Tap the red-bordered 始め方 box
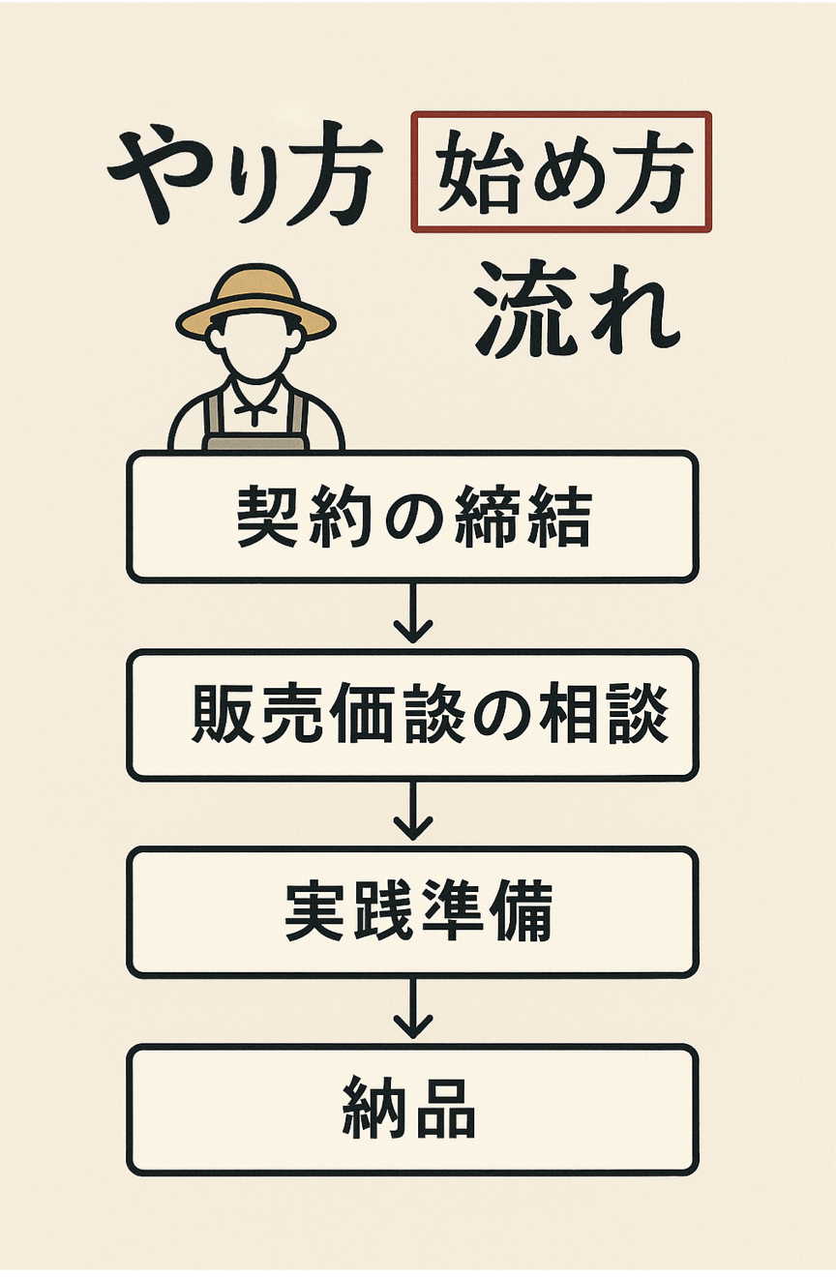coord(561,172)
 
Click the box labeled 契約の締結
coord(412,517)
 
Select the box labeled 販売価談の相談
coord(412,715)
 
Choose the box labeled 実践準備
coord(412,912)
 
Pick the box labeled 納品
coord(412,1110)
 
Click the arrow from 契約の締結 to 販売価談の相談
coord(413,615)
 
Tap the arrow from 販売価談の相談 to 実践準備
coord(413,813)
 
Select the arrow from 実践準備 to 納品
coord(413,1011)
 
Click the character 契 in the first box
coord(265,518)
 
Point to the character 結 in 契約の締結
coord(560,518)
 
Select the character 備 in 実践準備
coord(522,913)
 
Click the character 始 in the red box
coord(471,172)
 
